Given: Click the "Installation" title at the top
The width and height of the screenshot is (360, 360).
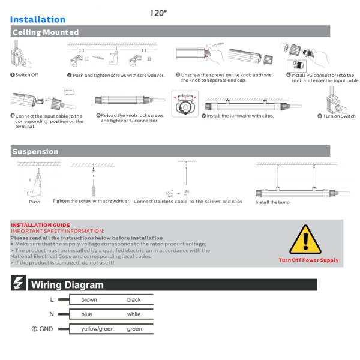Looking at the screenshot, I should pos(37,20).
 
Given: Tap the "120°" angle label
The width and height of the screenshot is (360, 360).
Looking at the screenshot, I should pos(158,11).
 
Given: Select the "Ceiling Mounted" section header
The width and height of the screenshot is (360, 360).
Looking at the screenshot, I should pos(46,32).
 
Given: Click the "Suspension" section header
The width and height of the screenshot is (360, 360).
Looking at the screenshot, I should pos(35,152).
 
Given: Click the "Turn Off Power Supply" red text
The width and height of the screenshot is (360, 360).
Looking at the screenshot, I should pos(309,260).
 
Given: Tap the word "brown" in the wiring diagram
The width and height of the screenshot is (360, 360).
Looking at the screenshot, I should pos(89,299).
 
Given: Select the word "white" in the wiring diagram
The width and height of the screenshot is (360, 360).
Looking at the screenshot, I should pos(134,314).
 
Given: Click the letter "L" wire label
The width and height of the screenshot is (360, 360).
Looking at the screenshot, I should pos(54,299).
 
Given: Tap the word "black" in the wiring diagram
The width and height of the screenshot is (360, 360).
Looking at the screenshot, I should pos(134,299).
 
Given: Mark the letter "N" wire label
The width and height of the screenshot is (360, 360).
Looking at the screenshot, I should pos(54,314).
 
